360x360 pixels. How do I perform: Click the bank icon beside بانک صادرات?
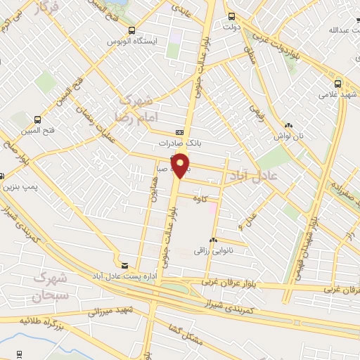(x=179, y=132)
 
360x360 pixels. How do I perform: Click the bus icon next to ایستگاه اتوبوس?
(x=131, y=30)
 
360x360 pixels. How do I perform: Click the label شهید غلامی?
(x=335, y=94)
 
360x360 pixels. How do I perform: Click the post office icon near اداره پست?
(x=125, y=265)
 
